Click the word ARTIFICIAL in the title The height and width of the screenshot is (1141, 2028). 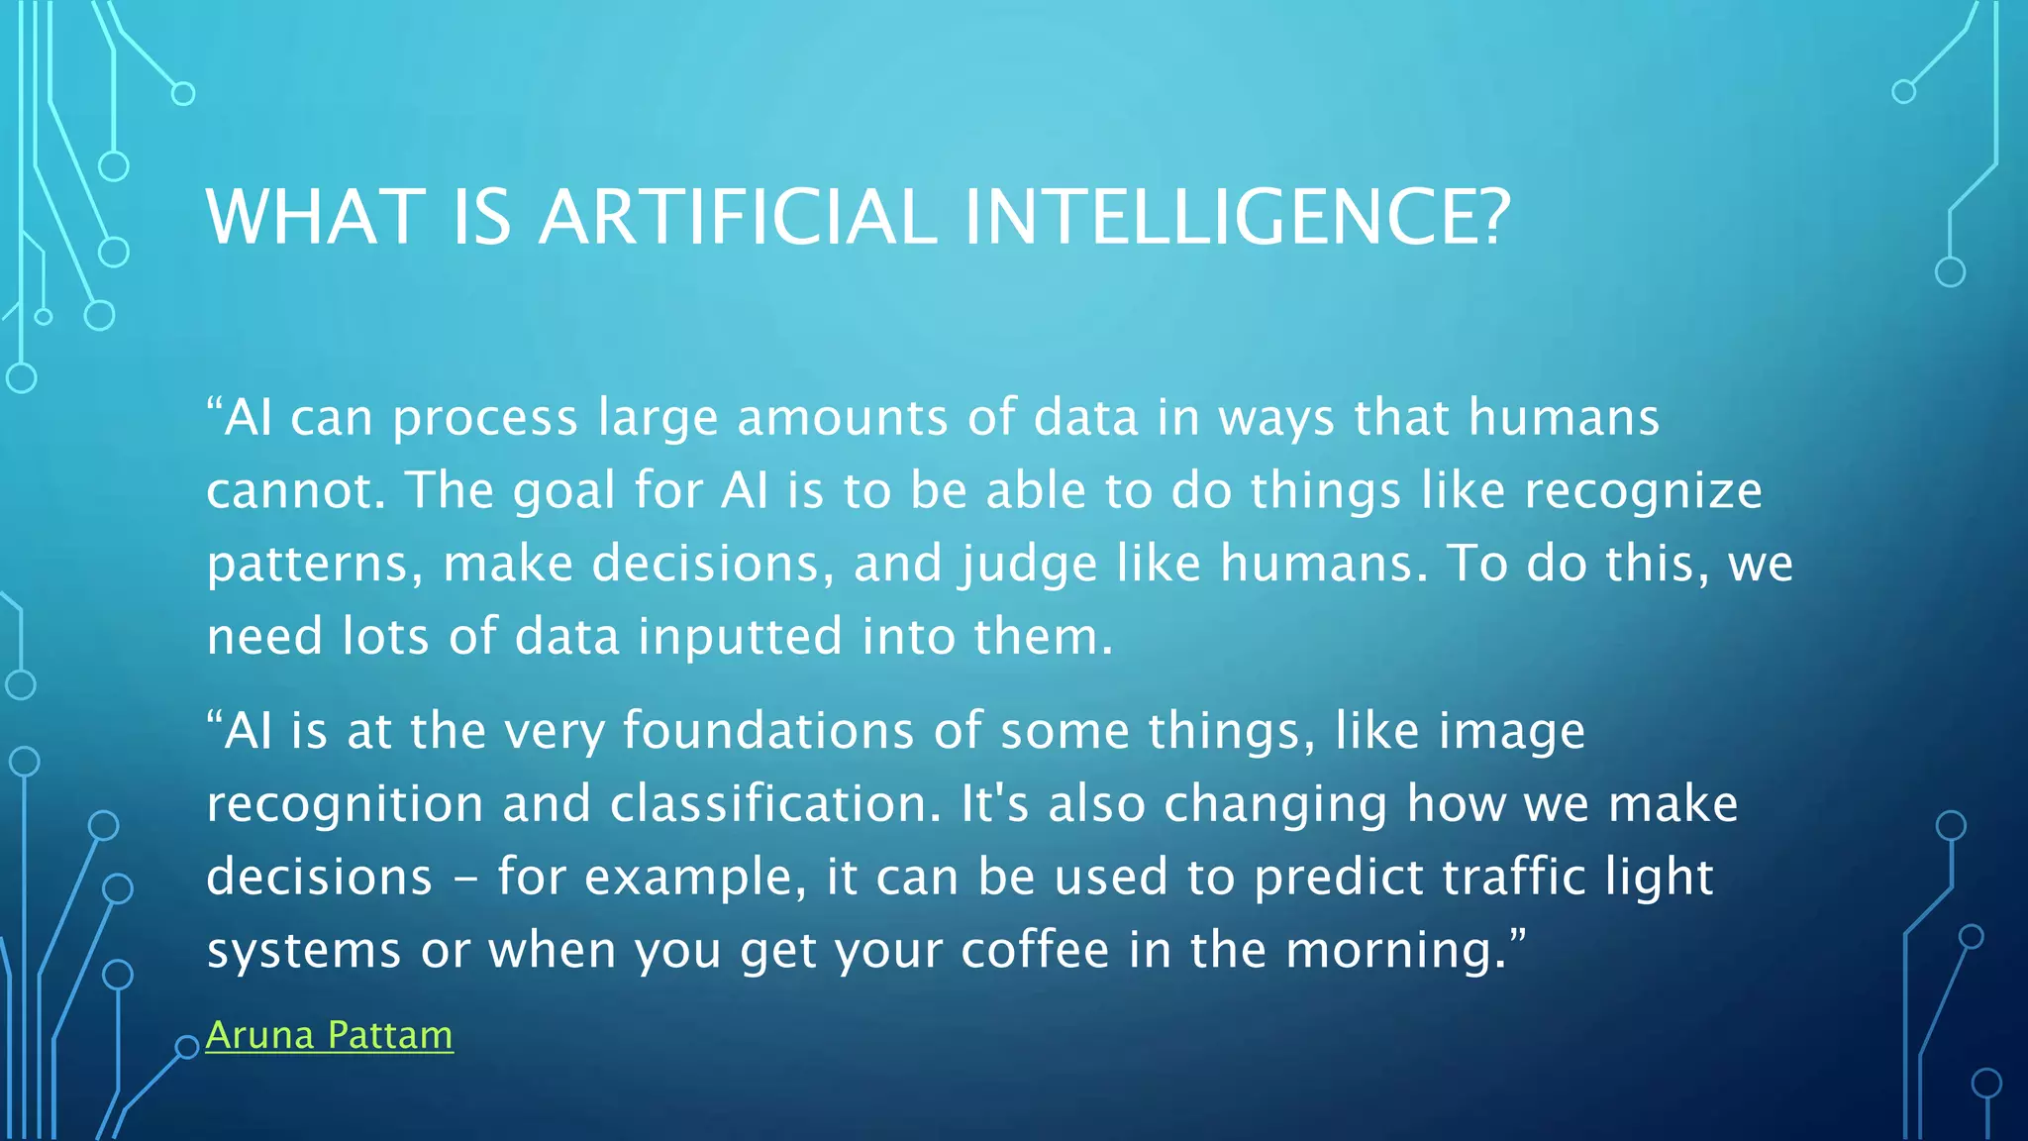point(738,217)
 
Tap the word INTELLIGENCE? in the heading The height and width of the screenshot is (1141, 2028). point(1237,217)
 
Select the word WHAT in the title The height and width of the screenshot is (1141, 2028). point(315,217)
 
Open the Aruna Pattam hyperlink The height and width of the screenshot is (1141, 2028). point(329,1035)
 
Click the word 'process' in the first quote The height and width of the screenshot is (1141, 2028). point(485,419)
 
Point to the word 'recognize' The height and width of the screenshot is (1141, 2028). point(1643,492)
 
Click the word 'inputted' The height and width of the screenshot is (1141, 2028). point(739,637)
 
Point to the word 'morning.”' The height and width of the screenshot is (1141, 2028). point(1405,950)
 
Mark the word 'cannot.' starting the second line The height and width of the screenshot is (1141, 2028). point(296,492)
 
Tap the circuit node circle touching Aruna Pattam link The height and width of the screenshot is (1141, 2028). point(187,1047)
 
